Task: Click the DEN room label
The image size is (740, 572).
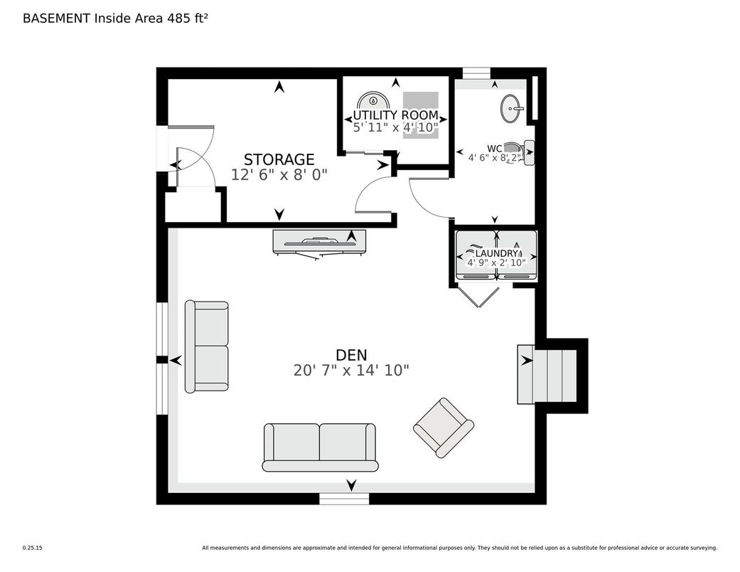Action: click(x=351, y=354)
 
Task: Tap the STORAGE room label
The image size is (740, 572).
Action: click(x=279, y=159)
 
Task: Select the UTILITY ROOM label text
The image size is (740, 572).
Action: click(x=395, y=115)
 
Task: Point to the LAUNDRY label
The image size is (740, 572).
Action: click(x=497, y=254)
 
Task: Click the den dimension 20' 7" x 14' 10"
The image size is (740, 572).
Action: click(x=351, y=371)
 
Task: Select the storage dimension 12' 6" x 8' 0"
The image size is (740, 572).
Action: click(x=279, y=175)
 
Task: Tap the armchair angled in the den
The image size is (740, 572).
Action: click(x=443, y=428)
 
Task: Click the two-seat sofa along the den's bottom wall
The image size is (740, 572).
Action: click(x=320, y=447)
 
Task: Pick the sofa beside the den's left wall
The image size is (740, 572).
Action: click(x=207, y=346)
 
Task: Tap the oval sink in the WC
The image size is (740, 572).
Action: click(x=511, y=109)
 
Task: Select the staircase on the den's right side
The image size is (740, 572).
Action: click(x=547, y=374)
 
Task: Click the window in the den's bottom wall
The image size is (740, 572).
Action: click(x=344, y=499)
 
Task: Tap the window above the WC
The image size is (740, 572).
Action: click(x=476, y=73)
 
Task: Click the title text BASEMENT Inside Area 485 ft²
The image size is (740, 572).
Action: click(x=116, y=18)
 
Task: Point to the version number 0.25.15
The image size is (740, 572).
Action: click(x=33, y=548)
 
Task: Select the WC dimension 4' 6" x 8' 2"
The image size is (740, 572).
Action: click(x=495, y=158)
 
